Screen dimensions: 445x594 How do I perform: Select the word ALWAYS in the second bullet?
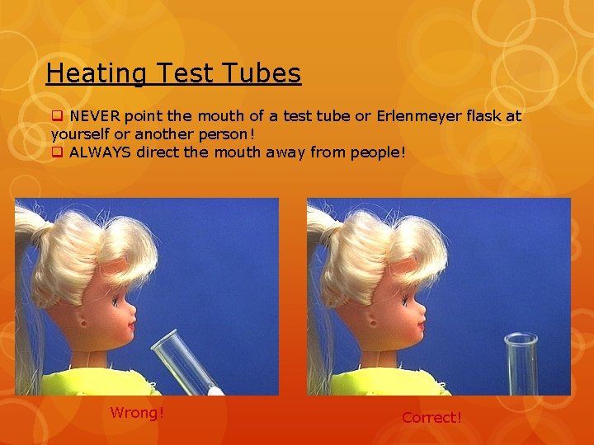[x=101, y=152]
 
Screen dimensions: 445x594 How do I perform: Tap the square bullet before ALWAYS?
[x=57, y=152]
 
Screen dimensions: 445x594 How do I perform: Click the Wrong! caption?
[x=137, y=412]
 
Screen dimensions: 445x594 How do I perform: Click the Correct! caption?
[x=431, y=418]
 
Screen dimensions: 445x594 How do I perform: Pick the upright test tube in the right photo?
[x=521, y=363]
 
